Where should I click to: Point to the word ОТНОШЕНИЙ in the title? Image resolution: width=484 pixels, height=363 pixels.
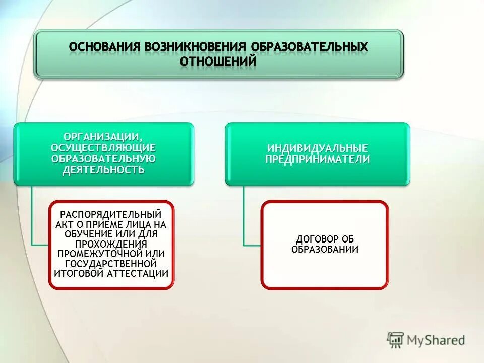(218, 61)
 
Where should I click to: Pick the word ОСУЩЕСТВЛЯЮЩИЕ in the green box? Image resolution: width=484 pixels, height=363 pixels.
(103, 147)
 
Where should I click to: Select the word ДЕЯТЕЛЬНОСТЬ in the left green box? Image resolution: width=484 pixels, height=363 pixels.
(103, 169)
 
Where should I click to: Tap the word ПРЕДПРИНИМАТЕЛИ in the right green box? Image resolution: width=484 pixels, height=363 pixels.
(318, 159)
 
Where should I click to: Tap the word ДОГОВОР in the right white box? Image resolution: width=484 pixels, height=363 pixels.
(313, 239)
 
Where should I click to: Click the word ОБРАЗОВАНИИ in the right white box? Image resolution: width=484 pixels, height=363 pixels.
(325, 249)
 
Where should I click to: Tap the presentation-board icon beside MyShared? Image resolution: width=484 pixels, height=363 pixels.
(395, 340)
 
